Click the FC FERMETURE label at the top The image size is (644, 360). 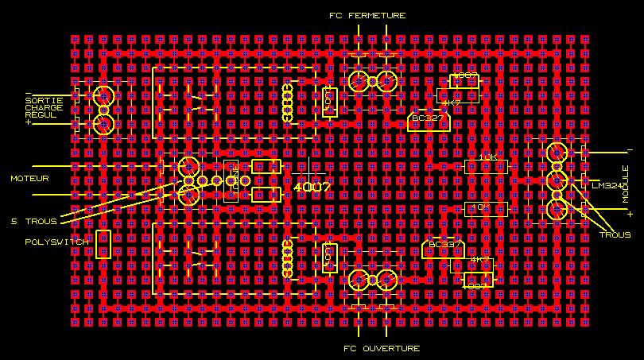367,15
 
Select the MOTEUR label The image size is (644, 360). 29,179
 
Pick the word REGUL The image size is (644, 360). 41,115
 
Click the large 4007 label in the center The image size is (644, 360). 311,186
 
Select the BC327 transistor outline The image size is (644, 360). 428,120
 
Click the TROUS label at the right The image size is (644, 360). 615,235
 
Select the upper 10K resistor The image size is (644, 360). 486,166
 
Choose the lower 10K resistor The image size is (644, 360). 486,208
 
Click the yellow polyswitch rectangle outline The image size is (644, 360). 102,244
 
